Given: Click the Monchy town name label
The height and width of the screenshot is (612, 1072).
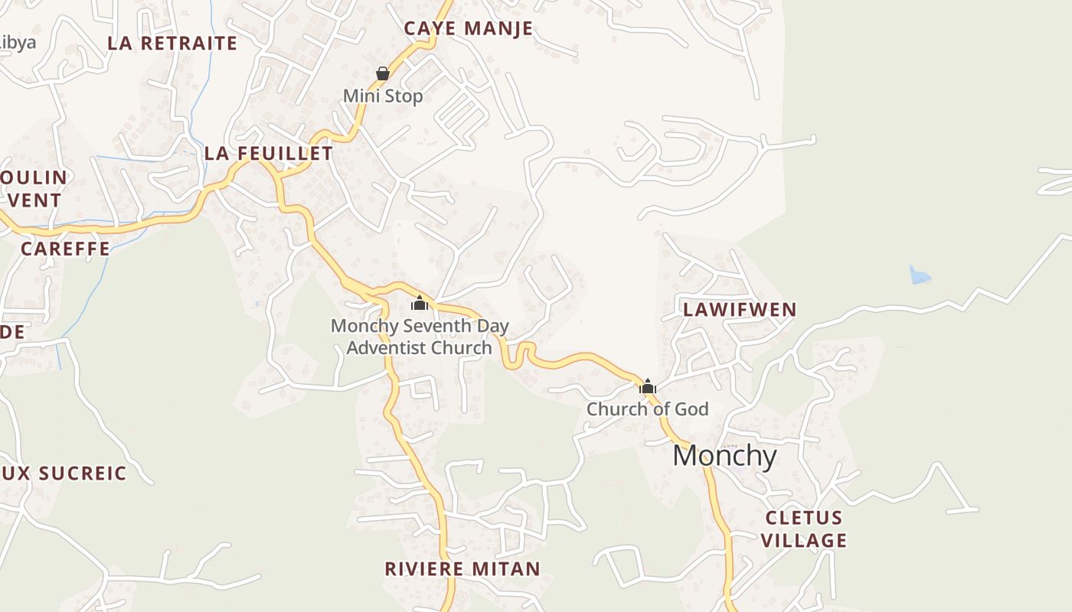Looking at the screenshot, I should point(724,456).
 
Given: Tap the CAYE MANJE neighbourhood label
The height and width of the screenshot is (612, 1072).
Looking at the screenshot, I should point(468,29).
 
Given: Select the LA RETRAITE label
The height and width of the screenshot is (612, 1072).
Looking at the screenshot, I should point(172,43).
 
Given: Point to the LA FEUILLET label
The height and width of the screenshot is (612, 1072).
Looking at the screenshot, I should point(269,154).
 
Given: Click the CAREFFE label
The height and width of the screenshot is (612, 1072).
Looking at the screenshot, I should point(65,249).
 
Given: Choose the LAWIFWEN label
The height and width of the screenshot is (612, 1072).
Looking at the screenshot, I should point(740,310).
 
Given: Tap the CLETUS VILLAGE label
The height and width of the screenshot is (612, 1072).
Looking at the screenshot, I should point(804,529).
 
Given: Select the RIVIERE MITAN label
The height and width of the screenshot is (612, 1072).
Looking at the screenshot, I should point(462,569).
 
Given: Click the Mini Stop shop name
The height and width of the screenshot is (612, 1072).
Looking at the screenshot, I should point(383,96).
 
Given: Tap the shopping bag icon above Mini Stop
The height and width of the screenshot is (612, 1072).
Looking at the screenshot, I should point(383,73).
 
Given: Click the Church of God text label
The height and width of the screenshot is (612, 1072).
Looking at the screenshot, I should point(648,409).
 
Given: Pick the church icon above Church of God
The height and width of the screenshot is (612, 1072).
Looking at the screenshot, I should point(648,386).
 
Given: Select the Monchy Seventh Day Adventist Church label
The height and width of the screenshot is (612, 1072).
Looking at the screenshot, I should point(420,337).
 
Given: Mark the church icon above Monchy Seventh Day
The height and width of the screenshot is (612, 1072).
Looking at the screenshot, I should point(420,303).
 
